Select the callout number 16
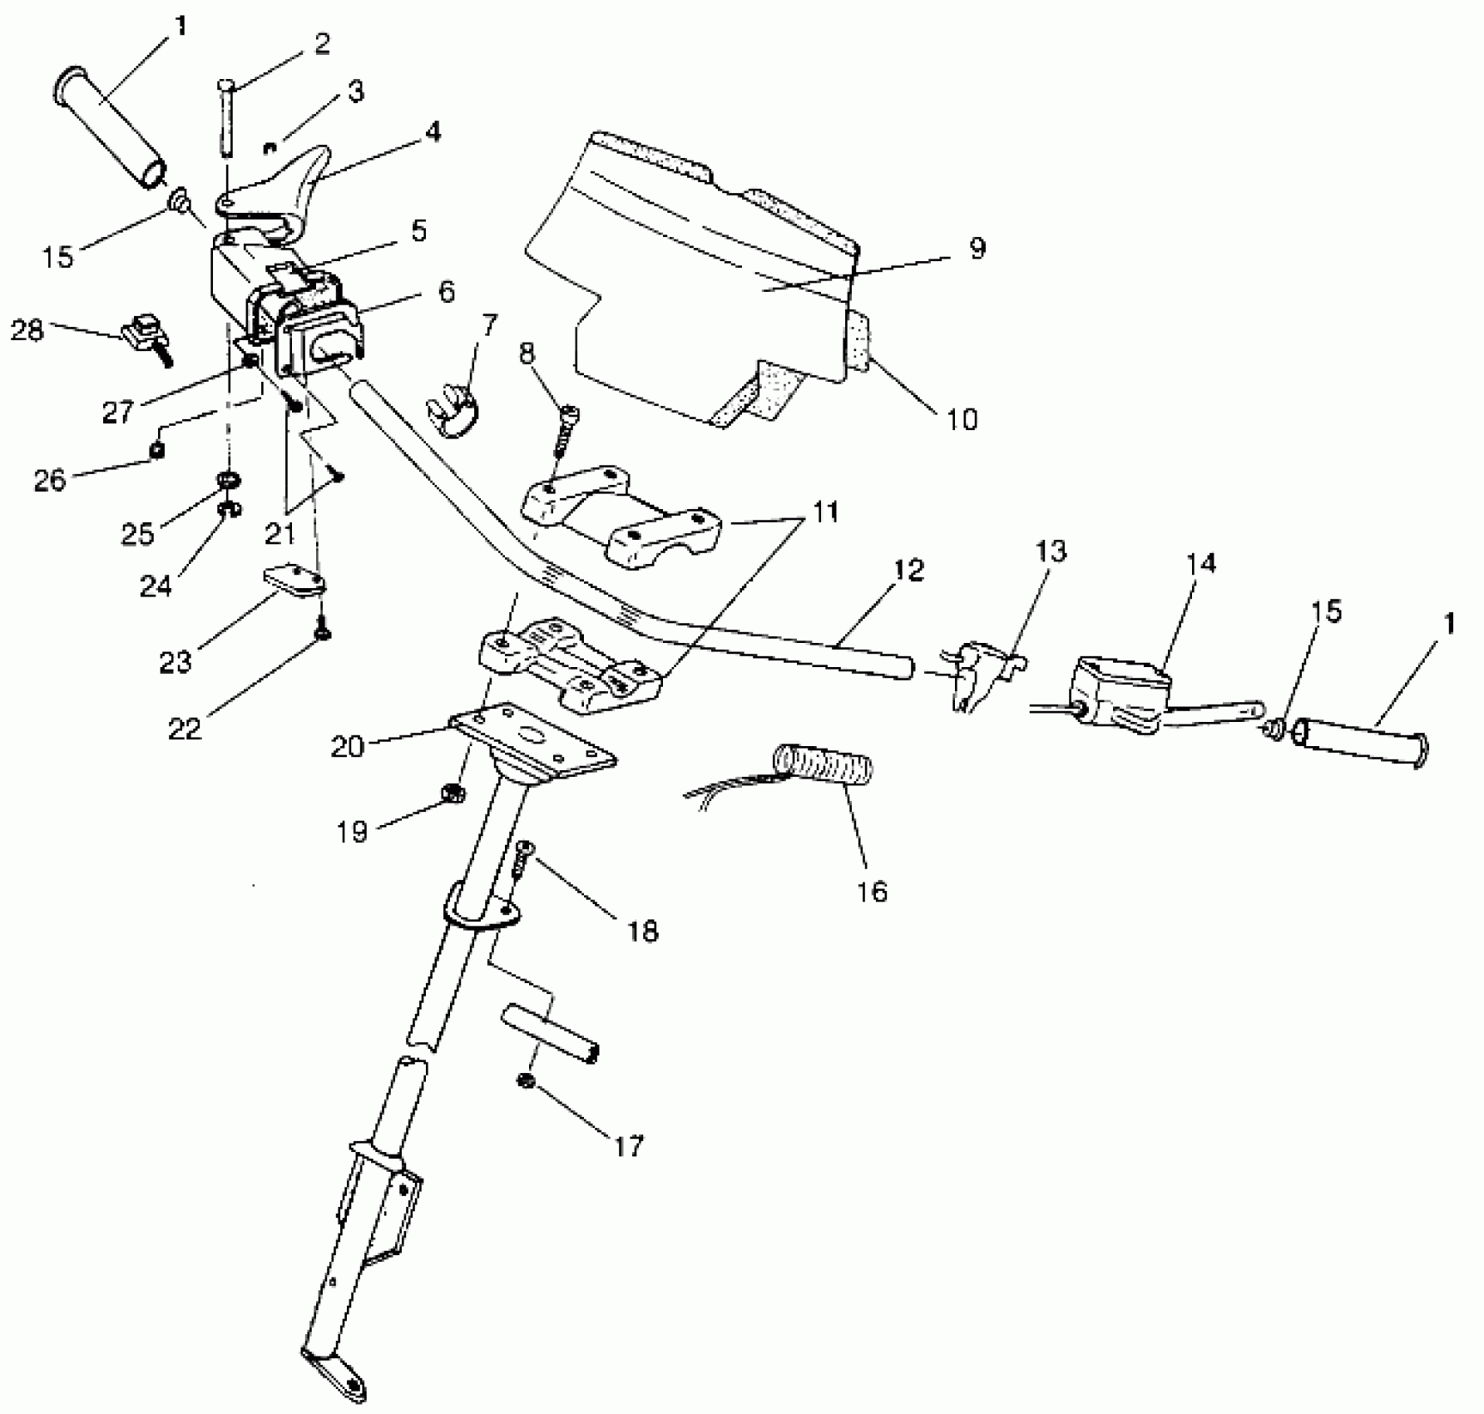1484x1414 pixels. pyautogui.click(x=871, y=892)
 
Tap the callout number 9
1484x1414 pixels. pyautogui.click(x=977, y=248)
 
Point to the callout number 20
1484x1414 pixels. pyautogui.click(x=348, y=746)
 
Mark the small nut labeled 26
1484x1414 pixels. pyautogui.click(x=158, y=450)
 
